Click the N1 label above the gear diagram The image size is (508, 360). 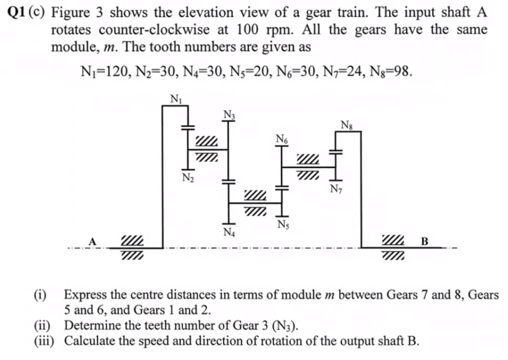tap(174, 98)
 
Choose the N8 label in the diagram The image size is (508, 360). tap(347, 124)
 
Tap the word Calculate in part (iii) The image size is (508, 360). tap(87, 341)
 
